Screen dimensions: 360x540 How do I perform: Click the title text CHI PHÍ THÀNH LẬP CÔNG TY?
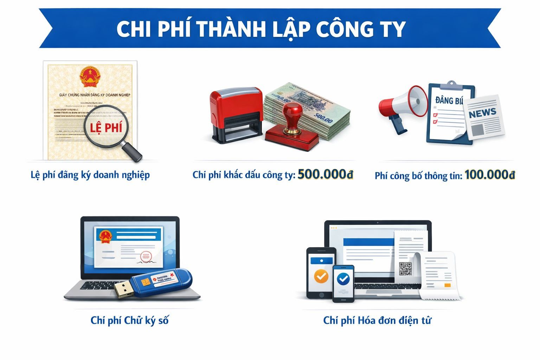(261, 29)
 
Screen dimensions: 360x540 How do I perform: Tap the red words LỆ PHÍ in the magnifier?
(105, 127)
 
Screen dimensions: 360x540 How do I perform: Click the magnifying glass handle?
(131, 150)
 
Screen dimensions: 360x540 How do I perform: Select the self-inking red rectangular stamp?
(236, 115)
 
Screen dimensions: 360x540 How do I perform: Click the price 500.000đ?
(325, 174)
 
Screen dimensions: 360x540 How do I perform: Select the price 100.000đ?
(490, 175)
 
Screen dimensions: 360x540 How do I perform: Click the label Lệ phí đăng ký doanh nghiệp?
(90, 175)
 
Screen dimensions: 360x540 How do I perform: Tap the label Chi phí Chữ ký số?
(129, 320)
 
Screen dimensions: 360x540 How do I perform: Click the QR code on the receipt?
(405, 269)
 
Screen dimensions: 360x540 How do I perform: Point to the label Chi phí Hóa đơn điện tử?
(377, 320)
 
